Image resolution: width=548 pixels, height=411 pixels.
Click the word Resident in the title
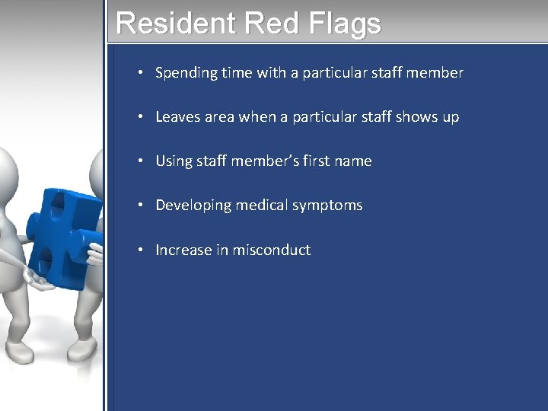point(176,24)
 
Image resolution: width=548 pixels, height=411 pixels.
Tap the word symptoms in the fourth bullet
point(327,206)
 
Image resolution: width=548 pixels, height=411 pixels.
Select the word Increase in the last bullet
point(183,250)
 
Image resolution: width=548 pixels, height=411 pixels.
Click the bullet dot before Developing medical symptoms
point(142,206)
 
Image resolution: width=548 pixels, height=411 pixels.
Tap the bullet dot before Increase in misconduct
point(142,250)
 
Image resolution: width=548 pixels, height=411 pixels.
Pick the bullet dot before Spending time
point(142,74)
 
